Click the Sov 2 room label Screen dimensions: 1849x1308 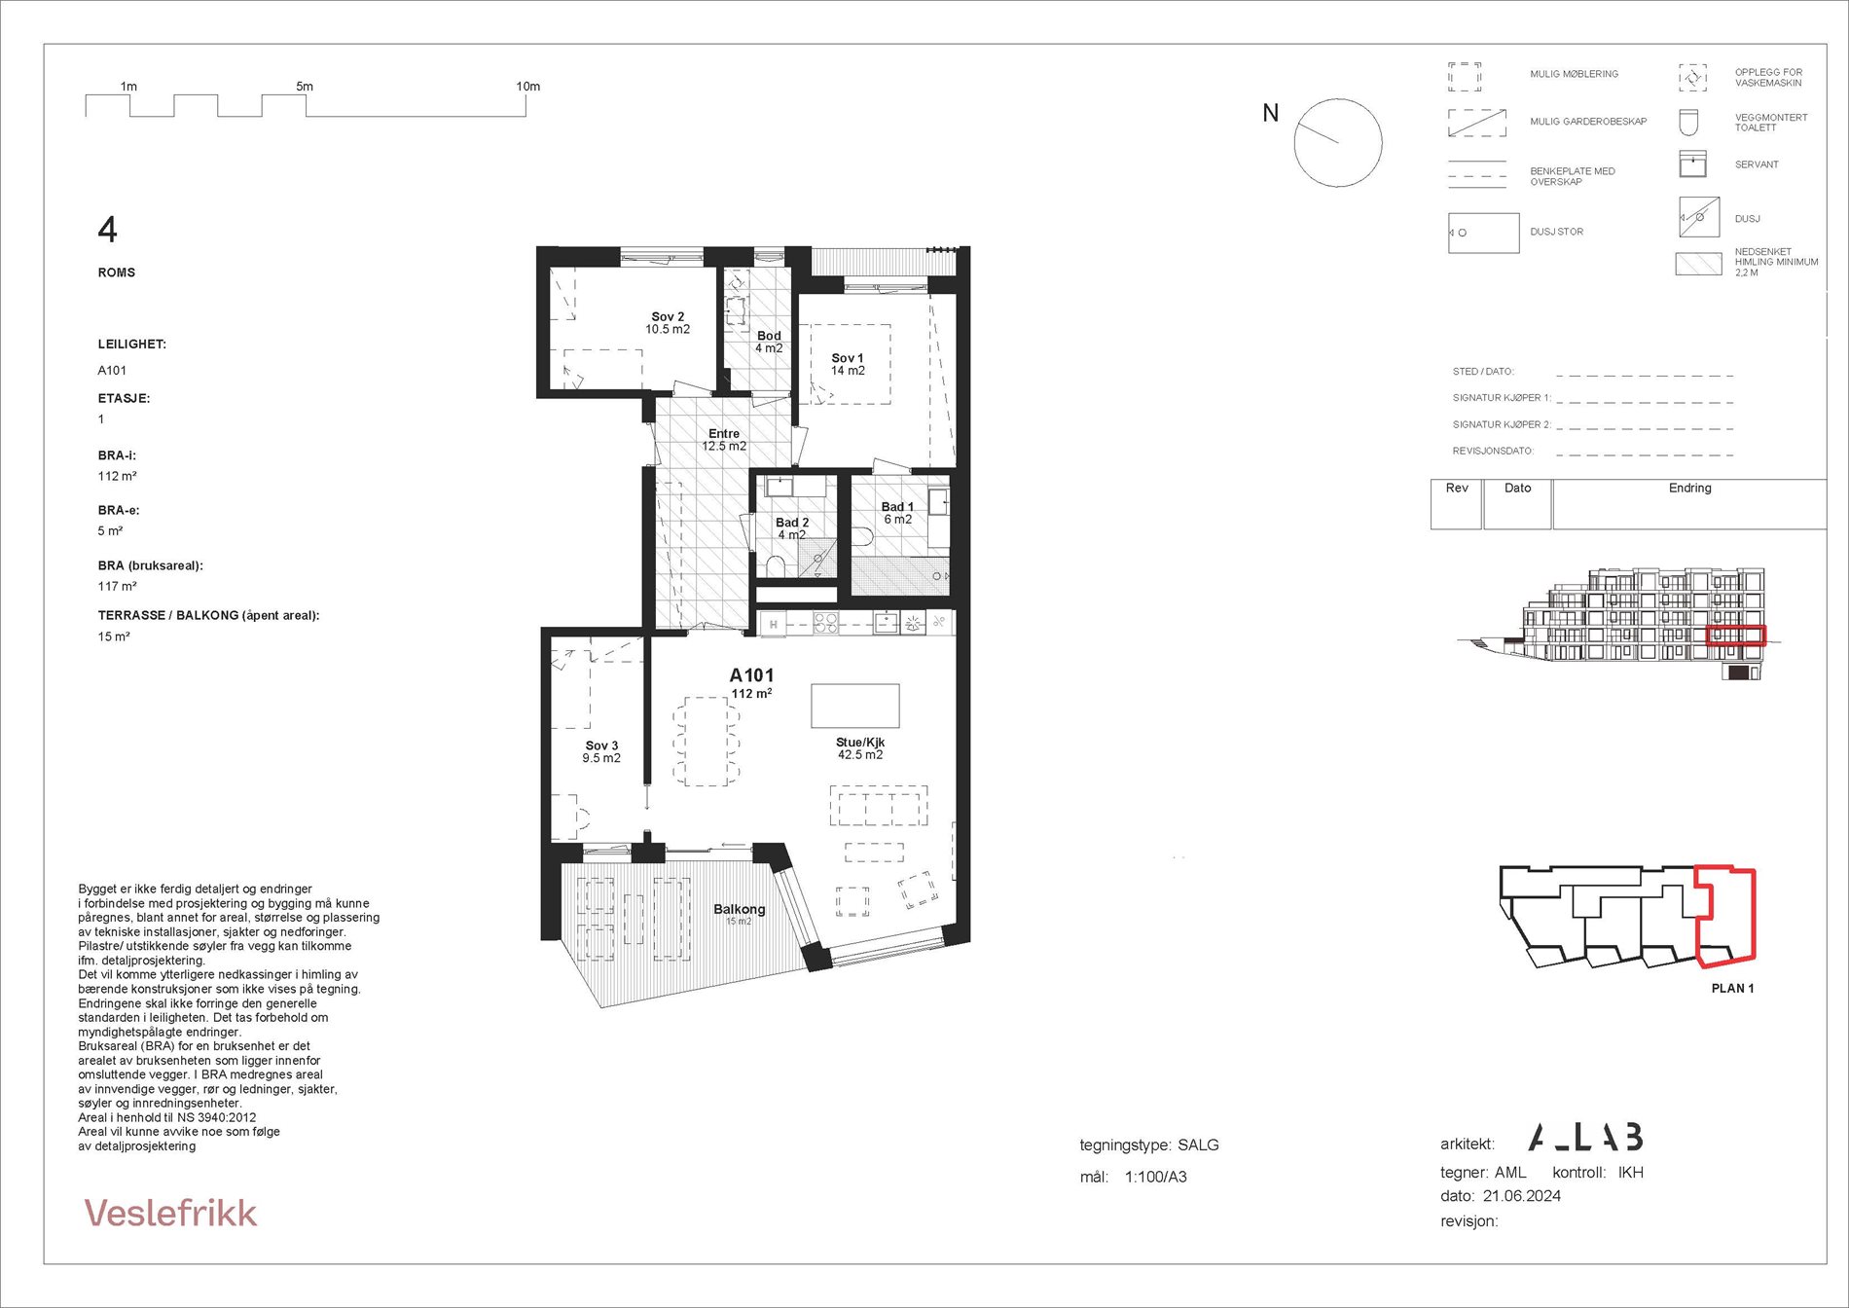668,323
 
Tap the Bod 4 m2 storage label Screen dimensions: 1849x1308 769,342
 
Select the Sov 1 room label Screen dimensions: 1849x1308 848,364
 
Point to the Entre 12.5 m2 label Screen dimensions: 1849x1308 724,440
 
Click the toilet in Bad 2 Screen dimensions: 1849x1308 776,566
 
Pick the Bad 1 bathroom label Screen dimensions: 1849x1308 897,513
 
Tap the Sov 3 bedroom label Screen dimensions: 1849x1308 601,751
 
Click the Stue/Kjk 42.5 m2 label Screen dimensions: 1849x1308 860,748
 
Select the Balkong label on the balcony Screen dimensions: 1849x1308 740,909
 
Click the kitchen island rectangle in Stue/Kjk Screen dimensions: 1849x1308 855,706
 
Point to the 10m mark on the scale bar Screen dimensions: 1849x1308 527,87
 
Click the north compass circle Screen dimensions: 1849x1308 1338,143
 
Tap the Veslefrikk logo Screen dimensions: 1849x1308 171,1213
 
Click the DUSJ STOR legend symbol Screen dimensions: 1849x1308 1483,233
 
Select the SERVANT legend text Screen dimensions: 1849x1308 1757,164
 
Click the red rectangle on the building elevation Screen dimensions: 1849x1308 1736,636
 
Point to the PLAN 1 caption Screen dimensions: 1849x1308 1732,988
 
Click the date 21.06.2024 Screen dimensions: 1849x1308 1522,1196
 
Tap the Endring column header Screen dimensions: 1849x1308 1689,488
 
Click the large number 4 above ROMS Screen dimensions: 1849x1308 107,230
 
